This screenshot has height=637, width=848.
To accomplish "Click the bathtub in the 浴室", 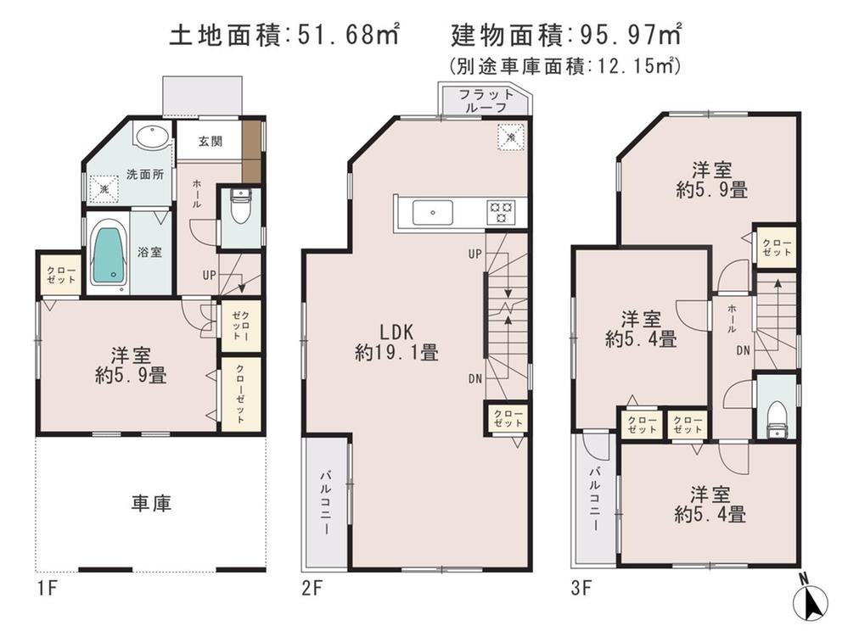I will point(108,252).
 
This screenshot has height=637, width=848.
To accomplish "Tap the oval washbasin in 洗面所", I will point(152,138).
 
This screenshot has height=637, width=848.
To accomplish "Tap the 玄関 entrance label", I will point(211,142).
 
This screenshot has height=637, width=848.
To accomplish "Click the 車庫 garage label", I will point(151,504).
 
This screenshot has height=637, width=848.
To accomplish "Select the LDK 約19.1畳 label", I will point(396,342).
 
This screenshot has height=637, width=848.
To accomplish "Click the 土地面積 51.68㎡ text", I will point(284,35).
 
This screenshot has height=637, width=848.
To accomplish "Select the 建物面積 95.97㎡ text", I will point(566,35).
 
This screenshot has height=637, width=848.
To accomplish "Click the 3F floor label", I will point(581,585).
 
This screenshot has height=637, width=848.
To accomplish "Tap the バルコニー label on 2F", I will point(326,502).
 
